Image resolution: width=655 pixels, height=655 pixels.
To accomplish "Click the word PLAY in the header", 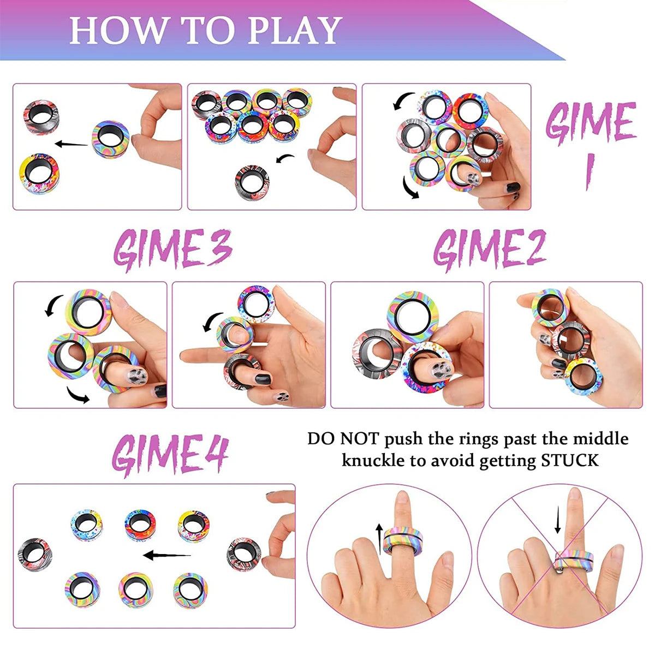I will (295, 31).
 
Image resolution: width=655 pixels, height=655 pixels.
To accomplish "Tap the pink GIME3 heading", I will (172, 249).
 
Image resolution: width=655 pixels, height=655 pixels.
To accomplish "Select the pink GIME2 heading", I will (490, 249).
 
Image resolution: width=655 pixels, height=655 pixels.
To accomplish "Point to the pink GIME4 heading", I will (170, 455).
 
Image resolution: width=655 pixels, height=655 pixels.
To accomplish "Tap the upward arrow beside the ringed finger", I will (379, 537).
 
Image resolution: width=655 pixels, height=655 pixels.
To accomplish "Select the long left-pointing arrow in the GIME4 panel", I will (167, 556).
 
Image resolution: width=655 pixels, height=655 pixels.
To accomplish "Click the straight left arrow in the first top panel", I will (71, 145).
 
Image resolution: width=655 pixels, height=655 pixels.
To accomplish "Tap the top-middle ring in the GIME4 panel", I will (140, 525).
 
